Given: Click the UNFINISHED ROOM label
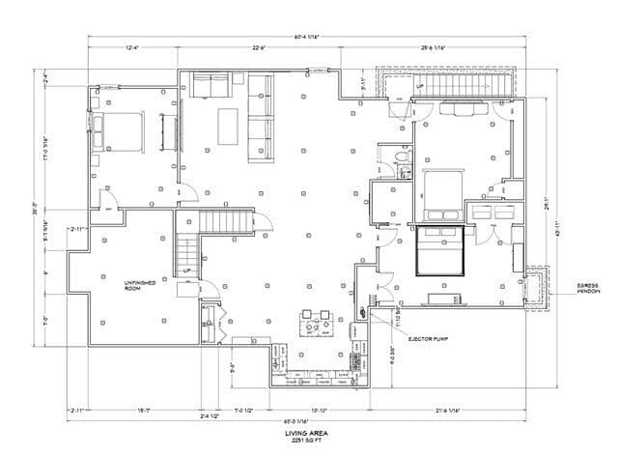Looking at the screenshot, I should (x=140, y=284).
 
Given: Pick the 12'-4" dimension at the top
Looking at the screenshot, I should (x=134, y=47).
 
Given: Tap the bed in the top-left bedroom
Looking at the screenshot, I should (x=120, y=131).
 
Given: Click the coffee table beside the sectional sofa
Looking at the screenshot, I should (x=229, y=124).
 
